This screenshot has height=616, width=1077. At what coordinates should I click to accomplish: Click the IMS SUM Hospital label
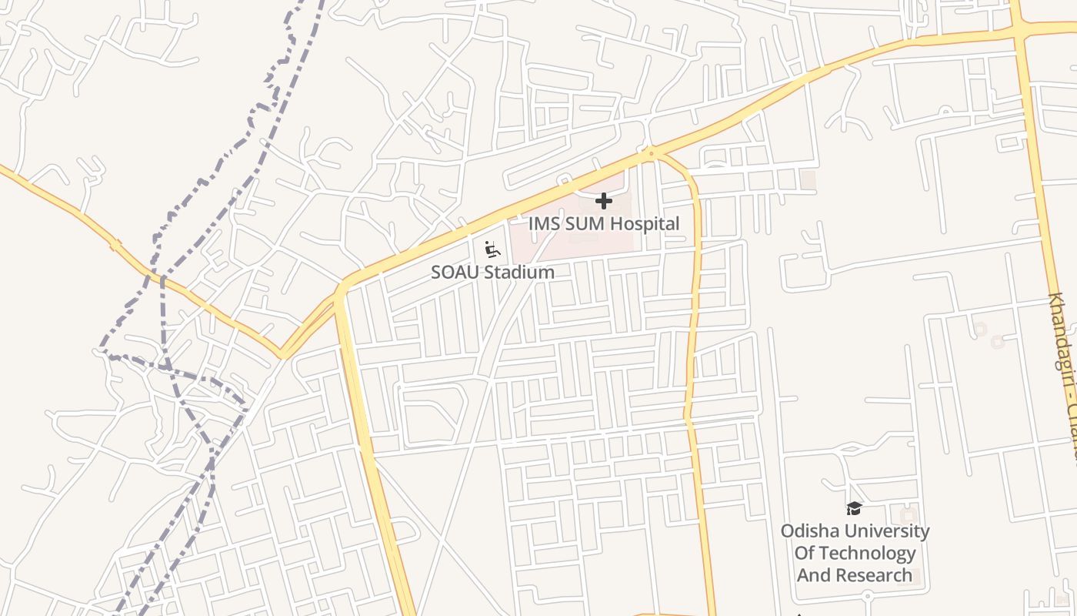604,224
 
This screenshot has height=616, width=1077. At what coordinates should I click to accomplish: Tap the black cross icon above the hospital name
604,201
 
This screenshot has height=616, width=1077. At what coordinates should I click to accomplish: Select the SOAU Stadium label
492,272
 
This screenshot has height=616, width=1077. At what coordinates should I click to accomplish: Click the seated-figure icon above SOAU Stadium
492,249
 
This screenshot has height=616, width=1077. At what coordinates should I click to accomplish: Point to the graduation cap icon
854,508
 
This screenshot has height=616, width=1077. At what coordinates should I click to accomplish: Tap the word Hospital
642,224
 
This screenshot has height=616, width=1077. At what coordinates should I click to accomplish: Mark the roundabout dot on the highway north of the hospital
651,154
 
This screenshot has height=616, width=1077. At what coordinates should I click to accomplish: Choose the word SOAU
454,272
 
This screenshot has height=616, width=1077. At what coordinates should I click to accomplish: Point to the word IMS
542,224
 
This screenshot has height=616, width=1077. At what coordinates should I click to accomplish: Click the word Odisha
808,531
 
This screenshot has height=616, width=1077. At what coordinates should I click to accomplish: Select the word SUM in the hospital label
579,224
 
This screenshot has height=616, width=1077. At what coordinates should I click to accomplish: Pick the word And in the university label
814,575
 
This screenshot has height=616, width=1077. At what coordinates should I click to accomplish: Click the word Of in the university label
803,553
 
